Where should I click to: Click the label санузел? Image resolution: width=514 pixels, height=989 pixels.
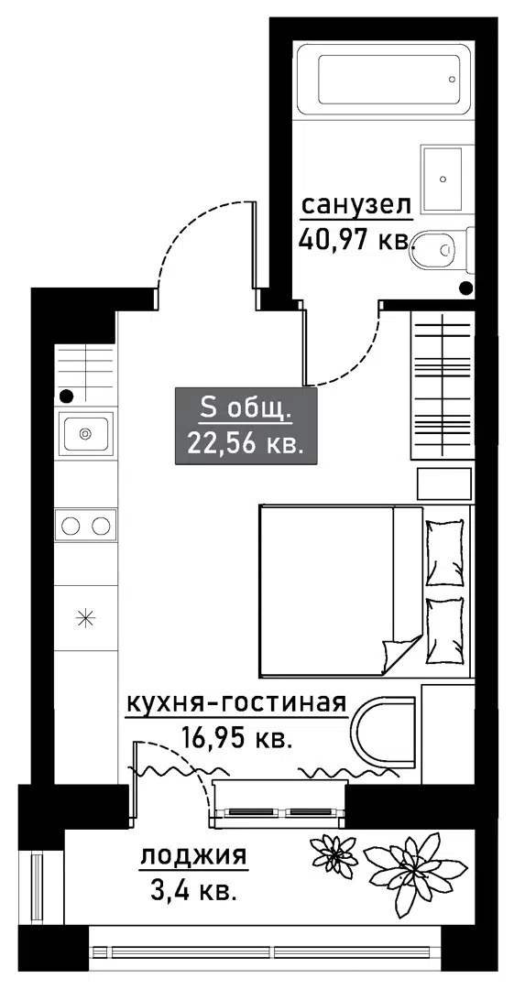[356, 205]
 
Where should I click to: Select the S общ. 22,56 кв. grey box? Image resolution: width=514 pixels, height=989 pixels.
[246, 427]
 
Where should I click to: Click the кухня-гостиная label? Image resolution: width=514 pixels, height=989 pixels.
[236, 702]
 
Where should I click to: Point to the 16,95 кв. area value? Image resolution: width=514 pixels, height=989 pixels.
[236, 735]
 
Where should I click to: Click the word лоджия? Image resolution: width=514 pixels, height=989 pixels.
[193, 858]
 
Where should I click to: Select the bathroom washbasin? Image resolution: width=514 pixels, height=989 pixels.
[448, 179]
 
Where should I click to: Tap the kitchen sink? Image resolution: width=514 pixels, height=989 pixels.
[85, 433]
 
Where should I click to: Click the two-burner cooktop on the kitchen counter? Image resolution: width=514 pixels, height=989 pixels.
[85, 525]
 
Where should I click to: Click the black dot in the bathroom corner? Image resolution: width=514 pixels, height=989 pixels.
[466, 288]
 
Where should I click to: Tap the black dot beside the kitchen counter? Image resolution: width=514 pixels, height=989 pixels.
[66, 397]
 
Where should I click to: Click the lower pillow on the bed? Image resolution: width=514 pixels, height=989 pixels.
[445, 631]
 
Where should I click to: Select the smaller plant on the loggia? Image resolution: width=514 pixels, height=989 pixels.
[334, 856]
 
